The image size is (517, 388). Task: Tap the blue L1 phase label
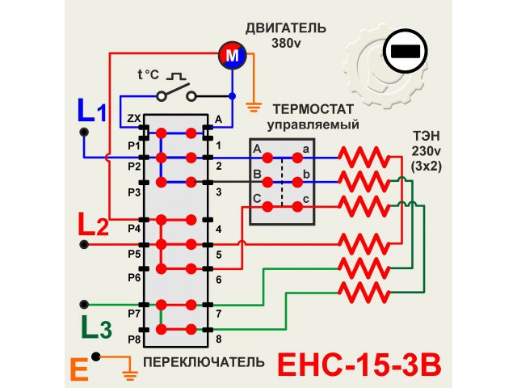coord(91,110)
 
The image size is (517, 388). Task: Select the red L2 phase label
coord(92,224)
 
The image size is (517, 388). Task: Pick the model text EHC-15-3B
coord(360,365)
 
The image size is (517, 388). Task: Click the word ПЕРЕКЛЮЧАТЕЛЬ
coord(203,361)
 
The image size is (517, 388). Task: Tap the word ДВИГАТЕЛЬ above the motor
coord(286,29)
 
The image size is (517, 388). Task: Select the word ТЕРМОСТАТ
coord(315,109)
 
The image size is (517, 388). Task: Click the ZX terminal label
coord(133,120)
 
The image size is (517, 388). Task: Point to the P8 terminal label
coord(134,340)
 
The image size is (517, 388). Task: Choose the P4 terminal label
coord(134,229)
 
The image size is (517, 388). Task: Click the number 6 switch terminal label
coord(219,280)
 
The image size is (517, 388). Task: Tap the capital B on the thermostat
coord(257,175)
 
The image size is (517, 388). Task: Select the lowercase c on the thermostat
coord(306,199)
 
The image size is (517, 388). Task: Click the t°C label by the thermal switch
coord(149,75)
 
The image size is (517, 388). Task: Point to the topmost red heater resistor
coord(363,154)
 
